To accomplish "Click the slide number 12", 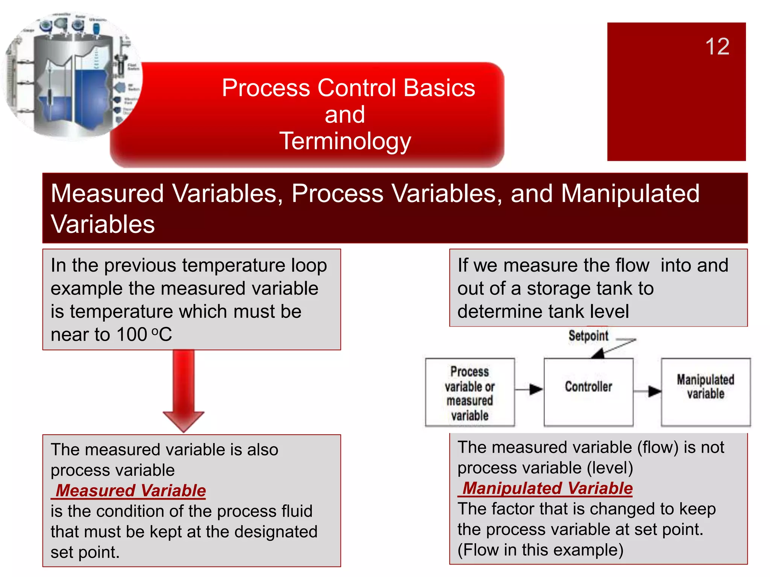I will pos(717,47).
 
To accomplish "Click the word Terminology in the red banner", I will pos(345,141).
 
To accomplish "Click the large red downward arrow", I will pos(183,391).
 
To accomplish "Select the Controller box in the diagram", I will pos(588,391).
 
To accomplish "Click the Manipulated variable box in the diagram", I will pos(705,391).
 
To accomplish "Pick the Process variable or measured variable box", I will pos(470,392).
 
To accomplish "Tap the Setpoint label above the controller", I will pos(588,335).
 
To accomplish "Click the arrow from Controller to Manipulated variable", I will pos(647,391).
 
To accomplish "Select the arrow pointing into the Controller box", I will pos(529,390).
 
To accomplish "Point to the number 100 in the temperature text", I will pos(132,334).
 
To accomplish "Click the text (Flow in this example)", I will pos(540,550).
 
